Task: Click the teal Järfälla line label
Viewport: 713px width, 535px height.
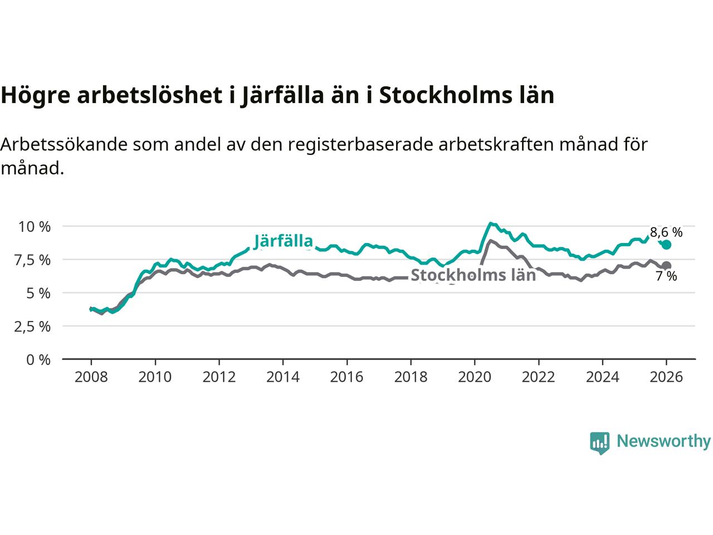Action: [283, 241]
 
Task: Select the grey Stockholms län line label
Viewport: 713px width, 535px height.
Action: [473, 275]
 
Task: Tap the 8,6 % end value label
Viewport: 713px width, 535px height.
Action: [666, 232]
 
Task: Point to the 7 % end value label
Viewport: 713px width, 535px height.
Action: [666, 276]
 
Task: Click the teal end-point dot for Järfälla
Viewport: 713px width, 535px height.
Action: [666, 245]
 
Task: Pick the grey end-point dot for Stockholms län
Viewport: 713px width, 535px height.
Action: [666, 265]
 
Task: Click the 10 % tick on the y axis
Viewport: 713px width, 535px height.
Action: [35, 227]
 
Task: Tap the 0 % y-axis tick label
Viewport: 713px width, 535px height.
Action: [39, 360]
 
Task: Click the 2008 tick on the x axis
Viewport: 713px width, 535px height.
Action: [91, 377]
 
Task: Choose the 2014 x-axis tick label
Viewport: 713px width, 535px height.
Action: [283, 377]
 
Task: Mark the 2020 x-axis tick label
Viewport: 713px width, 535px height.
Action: [475, 377]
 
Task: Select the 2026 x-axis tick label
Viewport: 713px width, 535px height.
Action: [666, 377]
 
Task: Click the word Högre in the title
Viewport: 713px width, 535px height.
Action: [35, 96]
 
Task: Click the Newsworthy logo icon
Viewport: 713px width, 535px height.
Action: [599, 442]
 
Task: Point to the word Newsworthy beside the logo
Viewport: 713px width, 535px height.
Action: [663, 441]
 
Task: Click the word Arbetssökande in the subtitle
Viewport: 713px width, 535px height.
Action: [64, 144]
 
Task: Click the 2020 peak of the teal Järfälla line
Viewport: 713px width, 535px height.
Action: [490, 223]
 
